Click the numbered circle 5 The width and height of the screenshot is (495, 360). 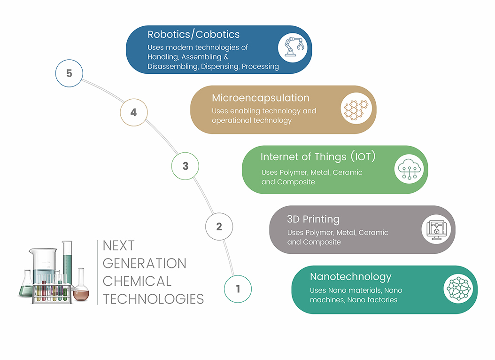click(69, 73)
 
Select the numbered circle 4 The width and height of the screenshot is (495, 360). click(134, 112)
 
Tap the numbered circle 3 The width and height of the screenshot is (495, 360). click(185, 166)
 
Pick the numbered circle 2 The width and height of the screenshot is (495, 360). click(219, 227)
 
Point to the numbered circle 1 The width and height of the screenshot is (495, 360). click(238, 288)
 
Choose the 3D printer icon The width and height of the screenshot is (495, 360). click(436, 229)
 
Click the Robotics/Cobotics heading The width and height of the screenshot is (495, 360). click(193, 34)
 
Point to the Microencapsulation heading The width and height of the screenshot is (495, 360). click(261, 98)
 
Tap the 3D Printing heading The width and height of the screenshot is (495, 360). click(313, 219)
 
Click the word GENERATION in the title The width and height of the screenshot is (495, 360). click(144, 263)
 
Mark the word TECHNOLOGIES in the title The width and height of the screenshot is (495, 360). click(153, 299)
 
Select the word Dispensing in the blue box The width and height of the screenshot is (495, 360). click(220, 66)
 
